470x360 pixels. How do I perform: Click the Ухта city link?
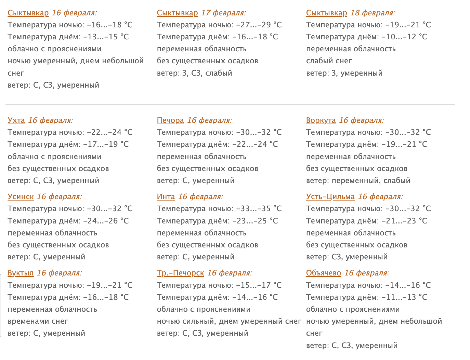(x=16, y=120)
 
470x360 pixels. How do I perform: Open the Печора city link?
(x=170, y=120)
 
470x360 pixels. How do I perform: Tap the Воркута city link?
(x=321, y=120)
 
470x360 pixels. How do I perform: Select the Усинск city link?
(x=21, y=197)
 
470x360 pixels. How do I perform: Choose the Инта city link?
(x=166, y=197)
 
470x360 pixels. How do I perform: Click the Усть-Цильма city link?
(x=330, y=197)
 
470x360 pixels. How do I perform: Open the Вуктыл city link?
(x=21, y=273)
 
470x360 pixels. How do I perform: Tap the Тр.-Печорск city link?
(x=180, y=273)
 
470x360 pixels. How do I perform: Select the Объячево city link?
(x=324, y=273)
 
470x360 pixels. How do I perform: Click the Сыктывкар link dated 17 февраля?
(x=177, y=13)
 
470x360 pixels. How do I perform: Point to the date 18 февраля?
(x=373, y=13)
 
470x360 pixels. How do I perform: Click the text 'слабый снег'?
(x=329, y=61)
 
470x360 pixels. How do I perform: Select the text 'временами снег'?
(x=38, y=321)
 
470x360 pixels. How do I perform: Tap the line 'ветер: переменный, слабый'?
(x=358, y=181)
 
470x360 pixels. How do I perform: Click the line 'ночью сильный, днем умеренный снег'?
(x=229, y=321)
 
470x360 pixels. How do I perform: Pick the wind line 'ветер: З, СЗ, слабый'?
(x=195, y=73)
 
